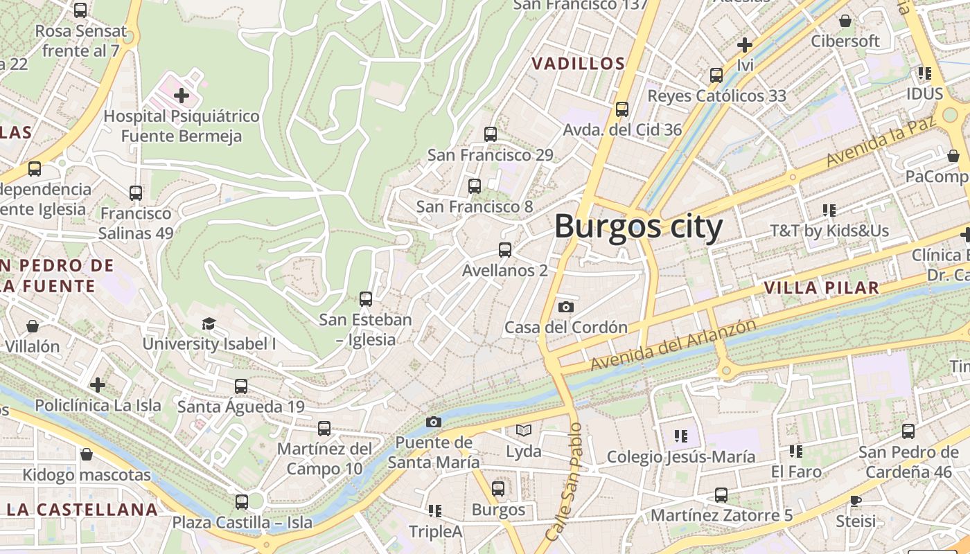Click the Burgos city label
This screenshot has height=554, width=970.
(638, 226)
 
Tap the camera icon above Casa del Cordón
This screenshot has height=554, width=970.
(566, 307)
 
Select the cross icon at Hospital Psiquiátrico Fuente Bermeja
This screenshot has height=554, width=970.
(182, 95)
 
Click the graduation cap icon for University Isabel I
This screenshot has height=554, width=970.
(209, 323)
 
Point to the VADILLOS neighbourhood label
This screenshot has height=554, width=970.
(579, 64)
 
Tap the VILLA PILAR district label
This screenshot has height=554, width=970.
(821, 287)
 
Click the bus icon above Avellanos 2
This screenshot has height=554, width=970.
(505, 250)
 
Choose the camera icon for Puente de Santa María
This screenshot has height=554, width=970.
(433, 422)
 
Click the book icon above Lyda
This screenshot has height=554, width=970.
(524, 431)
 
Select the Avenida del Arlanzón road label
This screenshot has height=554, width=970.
(672, 344)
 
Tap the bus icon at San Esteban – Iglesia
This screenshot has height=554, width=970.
(366, 299)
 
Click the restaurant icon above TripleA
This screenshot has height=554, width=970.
(435, 511)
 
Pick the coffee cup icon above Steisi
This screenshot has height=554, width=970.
(856, 500)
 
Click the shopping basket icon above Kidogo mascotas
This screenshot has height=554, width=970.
(87, 454)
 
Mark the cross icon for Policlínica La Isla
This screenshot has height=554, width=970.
(98, 384)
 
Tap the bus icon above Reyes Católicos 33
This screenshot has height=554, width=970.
(716, 75)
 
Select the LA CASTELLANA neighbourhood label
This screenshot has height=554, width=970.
(82, 510)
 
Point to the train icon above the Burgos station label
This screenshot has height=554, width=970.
(498, 489)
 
